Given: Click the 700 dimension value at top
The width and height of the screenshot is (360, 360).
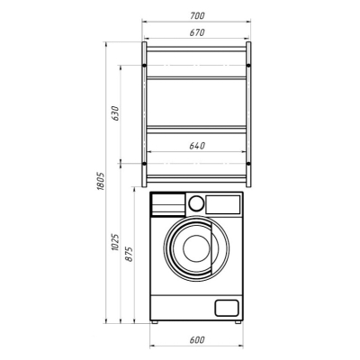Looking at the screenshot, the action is pyautogui.click(x=197, y=15).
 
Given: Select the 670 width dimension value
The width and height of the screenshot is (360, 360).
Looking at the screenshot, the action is pyautogui.click(x=197, y=32).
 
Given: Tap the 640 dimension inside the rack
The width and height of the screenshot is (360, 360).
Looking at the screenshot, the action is pyautogui.click(x=197, y=146).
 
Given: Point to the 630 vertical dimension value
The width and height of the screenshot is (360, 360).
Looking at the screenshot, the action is pyautogui.click(x=115, y=113).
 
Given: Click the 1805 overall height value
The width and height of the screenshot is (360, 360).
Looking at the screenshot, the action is pyautogui.click(x=101, y=181).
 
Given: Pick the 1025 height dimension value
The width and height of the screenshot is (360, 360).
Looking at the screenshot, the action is pyautogui.click(x=115, y=242).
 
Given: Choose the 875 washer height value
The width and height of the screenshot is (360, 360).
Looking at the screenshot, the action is pyautogui.click(x=129, y=254).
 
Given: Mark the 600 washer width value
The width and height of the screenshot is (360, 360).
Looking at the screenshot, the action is pyautogui.click(x=197, y=340).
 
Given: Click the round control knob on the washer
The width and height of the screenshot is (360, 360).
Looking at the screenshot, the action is pyautogui.click(x=196, y=203).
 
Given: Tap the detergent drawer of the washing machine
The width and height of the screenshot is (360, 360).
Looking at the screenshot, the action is pyautogui.click(x=168, y=204).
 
